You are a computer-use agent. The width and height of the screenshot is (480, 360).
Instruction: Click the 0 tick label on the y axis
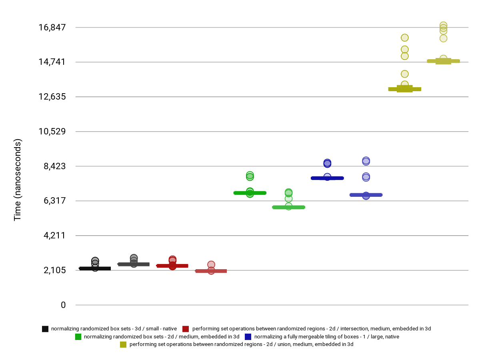click(63, 305)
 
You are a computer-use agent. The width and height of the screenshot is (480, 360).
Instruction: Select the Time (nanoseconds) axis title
click(18, 180)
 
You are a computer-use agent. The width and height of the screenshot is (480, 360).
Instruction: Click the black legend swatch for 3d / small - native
click(45, 329)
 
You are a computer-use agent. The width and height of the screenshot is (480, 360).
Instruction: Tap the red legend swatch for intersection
click(186, 329)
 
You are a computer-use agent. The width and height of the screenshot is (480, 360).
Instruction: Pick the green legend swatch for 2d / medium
click(78, 337)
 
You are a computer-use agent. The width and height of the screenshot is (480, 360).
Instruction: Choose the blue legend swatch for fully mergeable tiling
click(248, 337)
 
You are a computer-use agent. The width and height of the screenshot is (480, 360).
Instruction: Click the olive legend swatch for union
click(123, 344)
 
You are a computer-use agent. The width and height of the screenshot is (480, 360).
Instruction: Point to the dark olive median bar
click(404, 89)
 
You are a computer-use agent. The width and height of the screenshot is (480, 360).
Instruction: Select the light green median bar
click(288, 207)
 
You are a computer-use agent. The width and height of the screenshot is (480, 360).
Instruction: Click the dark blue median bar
click(327, 178)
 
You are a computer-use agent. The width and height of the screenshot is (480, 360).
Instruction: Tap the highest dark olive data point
click(404, 38)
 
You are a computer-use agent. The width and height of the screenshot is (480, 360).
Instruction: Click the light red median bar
click(211, 271)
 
